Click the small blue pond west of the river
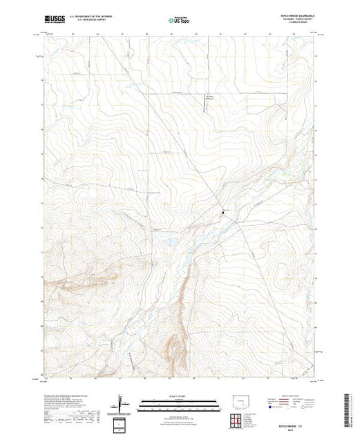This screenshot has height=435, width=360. (x=168, y=241)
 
